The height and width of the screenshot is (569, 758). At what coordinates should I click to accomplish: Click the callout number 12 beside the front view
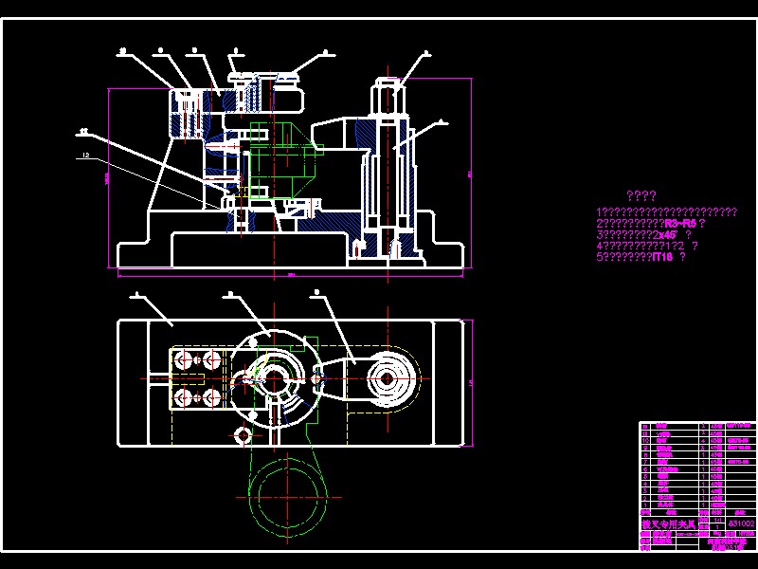tap(85, 155)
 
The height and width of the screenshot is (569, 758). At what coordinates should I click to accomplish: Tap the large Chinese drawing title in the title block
tap(669, 523)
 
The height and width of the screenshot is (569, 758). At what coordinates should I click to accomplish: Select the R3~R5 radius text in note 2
tap(679, 223)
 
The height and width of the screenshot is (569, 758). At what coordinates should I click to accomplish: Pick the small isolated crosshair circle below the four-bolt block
tap(242, 435)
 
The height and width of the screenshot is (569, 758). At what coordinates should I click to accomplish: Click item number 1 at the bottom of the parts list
tap(645, 505)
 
